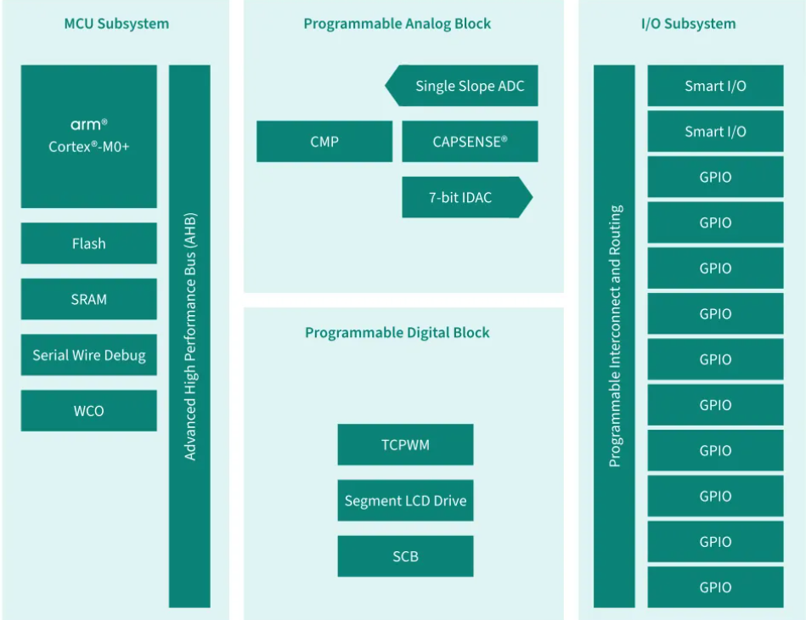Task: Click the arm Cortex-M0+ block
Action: [89, 136]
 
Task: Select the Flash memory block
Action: [89, 243]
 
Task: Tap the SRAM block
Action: [89, 299]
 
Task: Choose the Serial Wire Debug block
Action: [89, 355]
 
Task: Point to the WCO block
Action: [89, 411]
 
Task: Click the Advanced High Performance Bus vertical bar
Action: [189, 336]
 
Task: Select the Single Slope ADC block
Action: [461, 86]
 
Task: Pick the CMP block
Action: [324, 141]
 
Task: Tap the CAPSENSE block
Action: [470, 141]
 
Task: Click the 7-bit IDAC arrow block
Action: [467, 197]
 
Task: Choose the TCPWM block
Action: [406, 445]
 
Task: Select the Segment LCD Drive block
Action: [406, 501]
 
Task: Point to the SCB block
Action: [406, 556]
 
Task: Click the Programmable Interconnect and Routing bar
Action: [614, 336]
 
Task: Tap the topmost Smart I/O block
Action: [715, 86]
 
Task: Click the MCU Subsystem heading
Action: [116, 24]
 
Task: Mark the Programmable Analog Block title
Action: [397, 24]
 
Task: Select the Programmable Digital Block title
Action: [397, 333]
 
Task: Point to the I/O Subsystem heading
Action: [688, 24]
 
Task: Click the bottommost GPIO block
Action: [715, 587]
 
